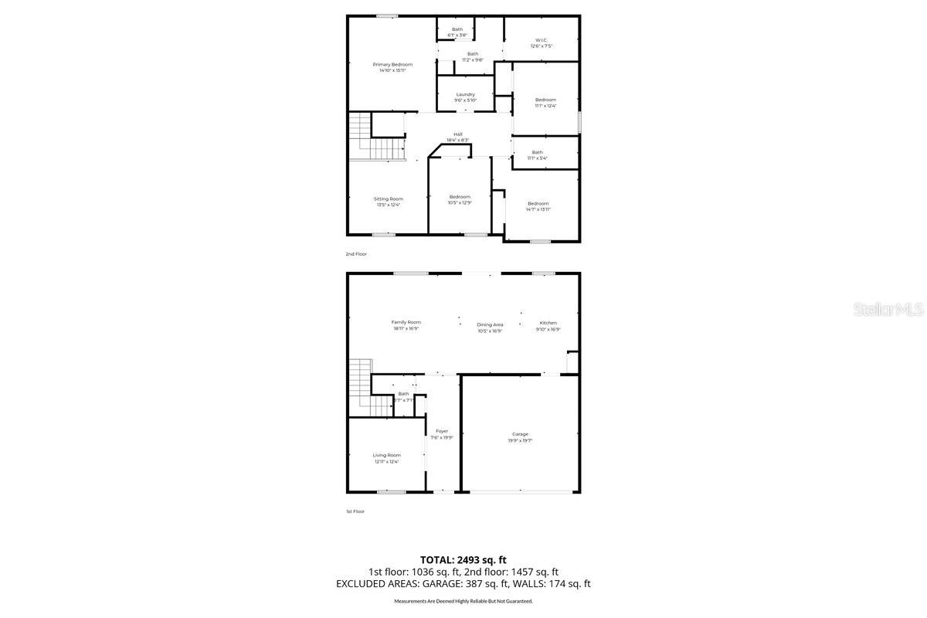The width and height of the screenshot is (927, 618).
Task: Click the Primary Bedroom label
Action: (x=392, y=64)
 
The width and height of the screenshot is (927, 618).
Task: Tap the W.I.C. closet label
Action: (x=541, y=40)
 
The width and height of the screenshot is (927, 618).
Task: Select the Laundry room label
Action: (x=465, y=94)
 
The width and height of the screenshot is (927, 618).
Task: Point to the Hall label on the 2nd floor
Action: (x=458, y=134)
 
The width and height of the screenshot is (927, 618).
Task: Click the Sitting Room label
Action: (x=389, y=199)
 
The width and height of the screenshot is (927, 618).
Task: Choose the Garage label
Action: (x=520, y=434)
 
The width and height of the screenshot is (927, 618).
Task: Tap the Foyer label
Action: (x=442, y=431)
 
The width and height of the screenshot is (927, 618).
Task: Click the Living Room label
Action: (x=387, y=455)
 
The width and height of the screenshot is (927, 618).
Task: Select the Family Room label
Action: (x=406, y=322)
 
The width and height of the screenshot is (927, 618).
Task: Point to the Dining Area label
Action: (x=490, y=324)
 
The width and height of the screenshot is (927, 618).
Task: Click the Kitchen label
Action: (x=548, y=323)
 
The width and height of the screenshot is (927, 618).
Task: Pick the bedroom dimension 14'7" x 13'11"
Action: (x=538, y=209)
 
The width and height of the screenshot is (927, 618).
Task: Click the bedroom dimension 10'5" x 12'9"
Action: (x=460, y=203)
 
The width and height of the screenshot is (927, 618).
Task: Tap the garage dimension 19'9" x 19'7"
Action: (x=521, y=440)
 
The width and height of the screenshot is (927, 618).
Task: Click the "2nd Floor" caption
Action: (x=355, y=253)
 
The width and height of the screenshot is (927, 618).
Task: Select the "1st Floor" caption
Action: (x=355, y=511)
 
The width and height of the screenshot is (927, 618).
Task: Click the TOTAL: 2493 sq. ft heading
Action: (x=463, y=559)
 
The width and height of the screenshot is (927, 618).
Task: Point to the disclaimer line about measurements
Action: (x=463, y=601)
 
